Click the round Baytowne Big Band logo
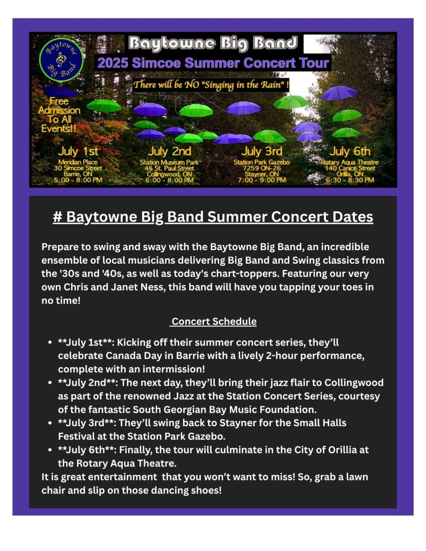61,59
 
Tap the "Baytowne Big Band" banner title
213,43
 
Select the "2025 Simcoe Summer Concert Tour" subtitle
213,63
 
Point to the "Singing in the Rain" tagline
211,84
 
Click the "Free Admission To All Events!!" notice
59,115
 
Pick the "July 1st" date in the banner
78,151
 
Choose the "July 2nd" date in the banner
170,151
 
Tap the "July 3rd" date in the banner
262,151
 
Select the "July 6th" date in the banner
350,151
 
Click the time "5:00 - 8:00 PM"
78,180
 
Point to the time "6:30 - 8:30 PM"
350,180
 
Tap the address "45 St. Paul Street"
170,168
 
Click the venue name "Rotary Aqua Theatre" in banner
350,163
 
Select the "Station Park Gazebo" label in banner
262,163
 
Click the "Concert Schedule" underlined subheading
214,322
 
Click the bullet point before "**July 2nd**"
50,383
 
